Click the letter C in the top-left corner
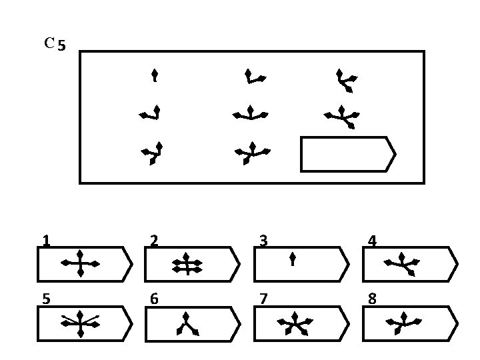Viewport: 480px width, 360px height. pos(49,43)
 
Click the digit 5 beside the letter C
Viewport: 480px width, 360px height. pos(61,46)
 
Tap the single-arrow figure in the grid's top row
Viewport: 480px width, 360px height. pos(155,75)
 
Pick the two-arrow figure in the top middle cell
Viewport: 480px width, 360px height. pos(254,77)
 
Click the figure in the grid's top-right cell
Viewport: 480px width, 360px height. pos(346,80)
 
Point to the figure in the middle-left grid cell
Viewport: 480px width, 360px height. pos(151,113)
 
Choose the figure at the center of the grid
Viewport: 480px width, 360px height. pos(250,114)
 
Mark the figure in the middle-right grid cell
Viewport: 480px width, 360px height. pos(342,115)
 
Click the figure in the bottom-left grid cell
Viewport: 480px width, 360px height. pos(153,153)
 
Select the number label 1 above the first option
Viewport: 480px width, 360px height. pos(46,240)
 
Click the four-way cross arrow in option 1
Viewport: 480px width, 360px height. pos(80,264)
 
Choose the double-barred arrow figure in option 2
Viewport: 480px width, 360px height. pos(187,265)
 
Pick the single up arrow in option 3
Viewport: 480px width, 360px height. pos(293,259)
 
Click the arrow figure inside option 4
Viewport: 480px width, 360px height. pos(403,264)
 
